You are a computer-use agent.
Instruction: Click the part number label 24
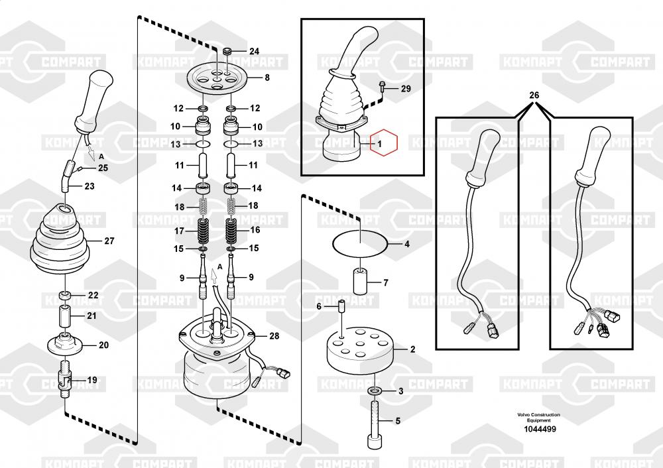(x=255, y=51)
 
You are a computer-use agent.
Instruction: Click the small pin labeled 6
(x=341, y=308)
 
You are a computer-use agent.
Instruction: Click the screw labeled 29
(x=383, y=85)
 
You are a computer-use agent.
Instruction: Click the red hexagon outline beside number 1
(x=383, y=142)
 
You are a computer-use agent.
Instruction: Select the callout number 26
(x=534, y=95)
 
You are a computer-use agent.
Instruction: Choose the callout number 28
(x=274, y=336)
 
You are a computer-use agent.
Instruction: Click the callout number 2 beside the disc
(x=412, y=349)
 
